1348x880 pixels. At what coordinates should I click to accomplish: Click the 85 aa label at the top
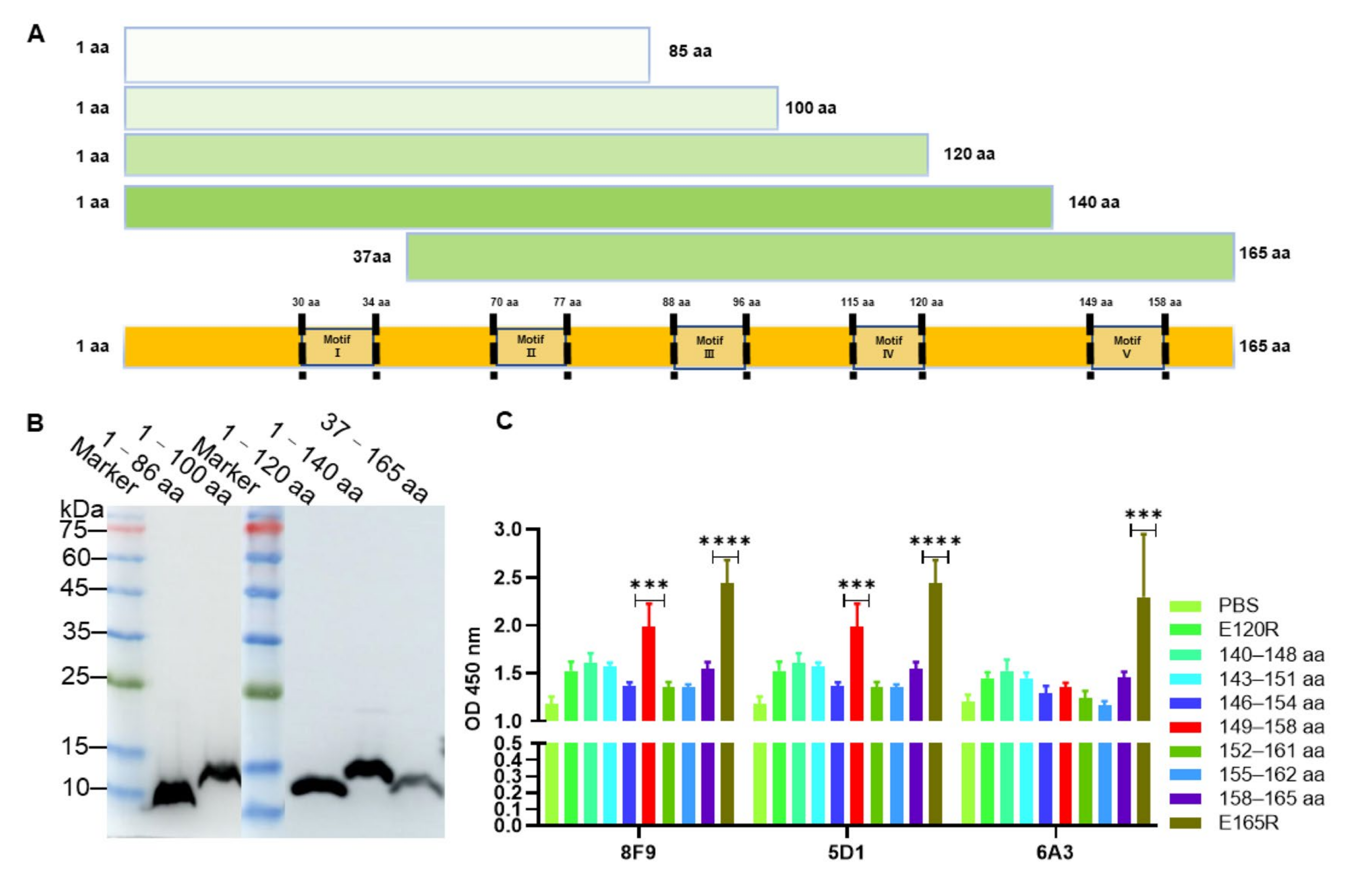pos(690,52)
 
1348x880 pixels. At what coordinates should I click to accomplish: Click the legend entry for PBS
pos(1238,605)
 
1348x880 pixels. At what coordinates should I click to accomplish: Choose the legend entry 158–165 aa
pos(1271,799)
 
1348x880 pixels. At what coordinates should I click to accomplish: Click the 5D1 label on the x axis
pos(846,852)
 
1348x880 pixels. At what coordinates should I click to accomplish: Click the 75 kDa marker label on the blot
pos(74,531)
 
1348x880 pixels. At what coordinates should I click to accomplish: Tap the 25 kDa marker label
pos(76,676)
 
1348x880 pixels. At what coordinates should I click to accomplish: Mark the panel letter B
pos(35,422)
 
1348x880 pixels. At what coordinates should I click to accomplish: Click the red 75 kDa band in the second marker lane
pos(263,528)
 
